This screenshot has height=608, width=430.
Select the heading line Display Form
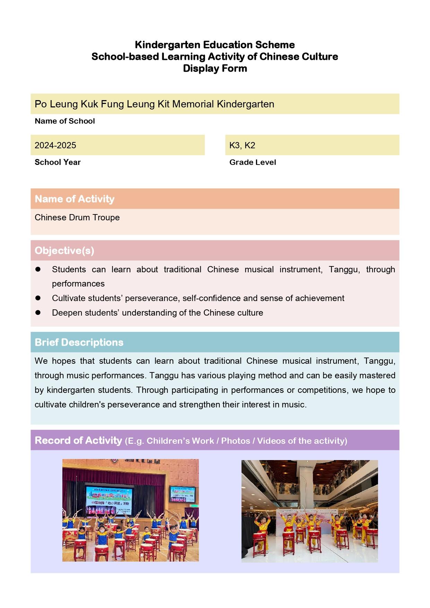pos(215,68)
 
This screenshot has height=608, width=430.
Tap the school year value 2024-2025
pos(55,145)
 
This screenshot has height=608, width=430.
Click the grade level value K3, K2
pos(242,145)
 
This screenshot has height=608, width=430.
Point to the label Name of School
pos(65,121)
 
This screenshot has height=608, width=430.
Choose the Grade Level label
pos(253,162)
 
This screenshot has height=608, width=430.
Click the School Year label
pos(58,162)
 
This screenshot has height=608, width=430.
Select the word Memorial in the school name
pos(193,104)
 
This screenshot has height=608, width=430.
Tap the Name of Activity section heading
pos(74,199)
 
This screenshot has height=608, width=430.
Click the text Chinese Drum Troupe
pos(77,217)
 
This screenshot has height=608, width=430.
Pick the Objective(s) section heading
pos(64,250)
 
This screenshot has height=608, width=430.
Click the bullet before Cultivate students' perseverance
pos(38,298)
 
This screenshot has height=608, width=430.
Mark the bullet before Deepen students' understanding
pos(38,312)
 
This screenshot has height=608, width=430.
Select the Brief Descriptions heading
pos(79,342)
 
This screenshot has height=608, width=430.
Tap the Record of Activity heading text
pos(78,440)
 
